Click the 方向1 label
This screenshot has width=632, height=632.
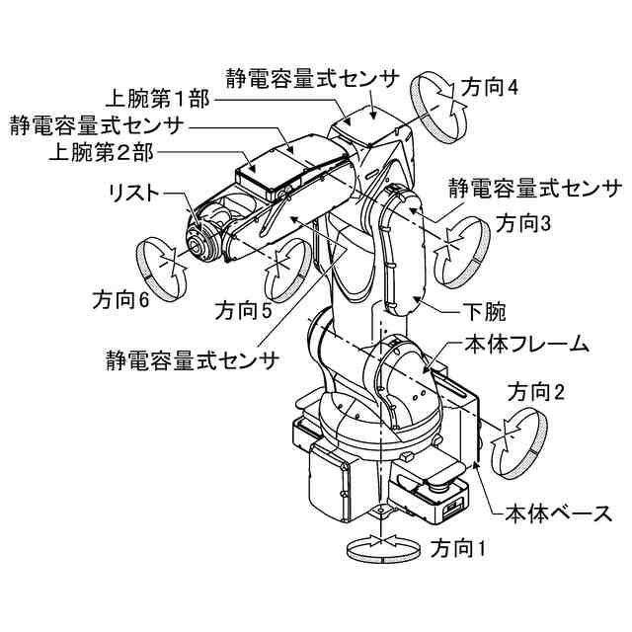click(458, 546)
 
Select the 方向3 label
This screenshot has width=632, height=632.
click(522, 223)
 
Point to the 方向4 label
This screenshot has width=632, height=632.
click(490, 87)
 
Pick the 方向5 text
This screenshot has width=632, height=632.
click(243, 312)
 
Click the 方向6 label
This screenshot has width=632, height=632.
click(120, 298)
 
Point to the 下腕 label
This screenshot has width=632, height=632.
click(484, 313)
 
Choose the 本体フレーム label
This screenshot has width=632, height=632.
click(527, 345)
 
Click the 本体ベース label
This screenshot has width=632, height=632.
click(559, 513)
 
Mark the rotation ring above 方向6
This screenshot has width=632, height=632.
click(161, 265)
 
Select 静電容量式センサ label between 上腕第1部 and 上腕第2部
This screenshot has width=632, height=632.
click(96, 126)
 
